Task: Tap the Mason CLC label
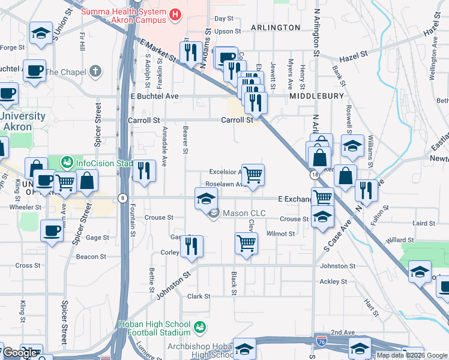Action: point(241,213)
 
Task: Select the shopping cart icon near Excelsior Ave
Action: point(253,175)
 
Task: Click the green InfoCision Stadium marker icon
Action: point(67,162)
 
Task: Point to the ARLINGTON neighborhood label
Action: point(276,28)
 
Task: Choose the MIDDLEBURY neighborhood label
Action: point(316,96)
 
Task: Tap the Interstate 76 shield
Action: point(322,341)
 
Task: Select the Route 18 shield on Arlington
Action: point(315,175)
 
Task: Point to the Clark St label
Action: point(199,296)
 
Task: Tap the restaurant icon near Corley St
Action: point(191,246)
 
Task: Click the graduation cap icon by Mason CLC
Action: point(206,198)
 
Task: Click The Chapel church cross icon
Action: point(95,72)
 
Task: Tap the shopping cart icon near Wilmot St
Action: point(246,245)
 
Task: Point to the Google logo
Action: point(20,353)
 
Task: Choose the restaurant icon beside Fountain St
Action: point(144,171)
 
